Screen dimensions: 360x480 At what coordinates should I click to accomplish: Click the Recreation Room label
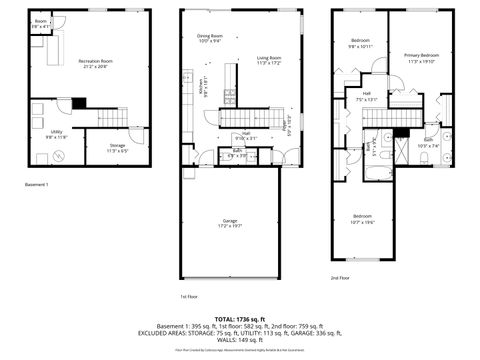96,63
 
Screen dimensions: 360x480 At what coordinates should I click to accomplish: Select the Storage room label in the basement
117,148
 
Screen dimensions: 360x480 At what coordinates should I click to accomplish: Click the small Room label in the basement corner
40,23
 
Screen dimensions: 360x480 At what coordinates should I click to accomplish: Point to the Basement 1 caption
36,185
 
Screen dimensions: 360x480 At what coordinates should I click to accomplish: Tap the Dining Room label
209,38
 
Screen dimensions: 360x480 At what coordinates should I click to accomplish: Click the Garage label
230,225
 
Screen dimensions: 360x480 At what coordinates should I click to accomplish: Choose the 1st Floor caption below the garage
186,296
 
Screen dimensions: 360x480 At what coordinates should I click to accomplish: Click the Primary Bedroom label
421,57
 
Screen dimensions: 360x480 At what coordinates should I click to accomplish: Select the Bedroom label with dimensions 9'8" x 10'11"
360,44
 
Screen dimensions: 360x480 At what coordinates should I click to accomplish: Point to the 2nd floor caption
341,278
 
